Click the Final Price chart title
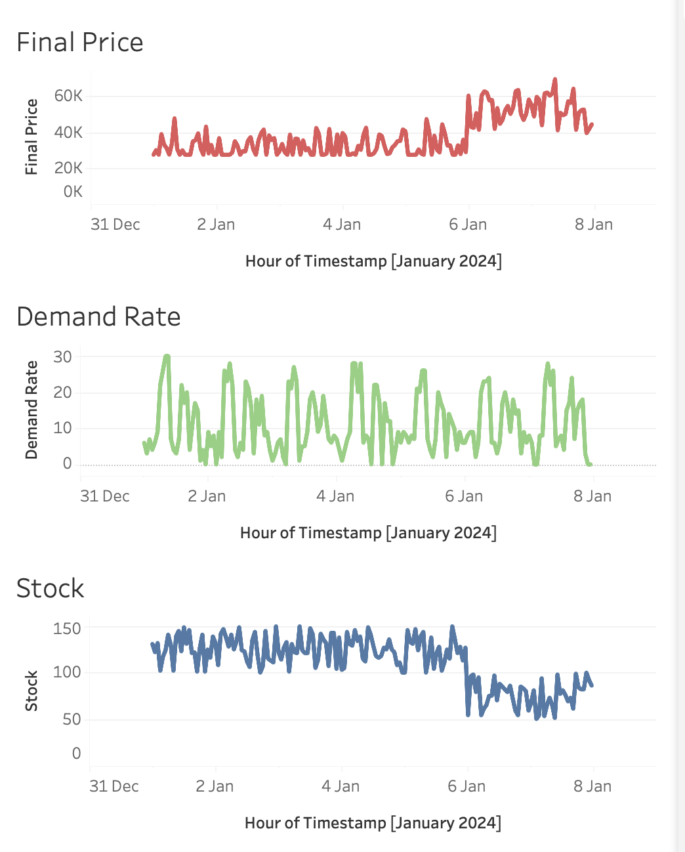pyautogui.click(x=79, y=43)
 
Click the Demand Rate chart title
pyautogui.click(x=98, y=317)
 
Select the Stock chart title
pyautogui.click(x=51, y=589)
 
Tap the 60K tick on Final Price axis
pyautogui.click(x=68, y=96)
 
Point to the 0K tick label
pyautogui.click(x=73, y=192)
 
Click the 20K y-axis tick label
pyautogui.click(x=68, y=168)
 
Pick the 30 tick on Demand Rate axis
pyautogui.click(x=63, y=357)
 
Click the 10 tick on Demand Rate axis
pyautogui.click(x=63, y=428)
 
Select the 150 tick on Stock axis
pyautogui.click(x=67, y=629)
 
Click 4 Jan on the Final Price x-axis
pyautogui.click(x=342, y=224)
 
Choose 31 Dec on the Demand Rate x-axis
pyautogui.click(x=105, y=496)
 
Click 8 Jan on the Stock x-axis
pyautogui.click(x=592, y=786)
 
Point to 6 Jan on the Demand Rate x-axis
pyautogui.click(x=464, y=496)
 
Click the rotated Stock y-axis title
pyautogui.click(x=31, y=691)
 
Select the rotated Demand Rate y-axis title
pyautogui.click(x=31, y=410)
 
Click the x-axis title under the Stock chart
pyautogui.click(x=373, y=823)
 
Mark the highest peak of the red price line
pyautogui.click(x=555, y=80)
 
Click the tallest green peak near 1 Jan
pyautogui.click(x=167, y=356)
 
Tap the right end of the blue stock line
pyautogui.click(x=592, y=685)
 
